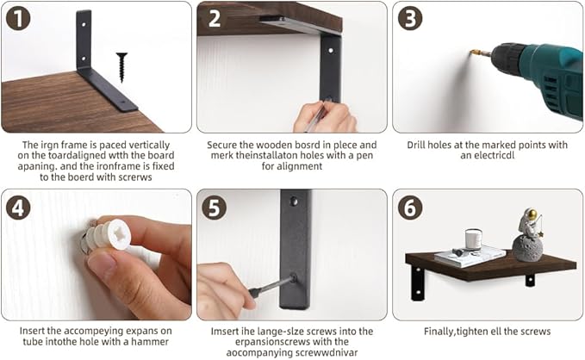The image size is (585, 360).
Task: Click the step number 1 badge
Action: (18, 18)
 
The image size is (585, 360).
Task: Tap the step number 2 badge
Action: (215, 18)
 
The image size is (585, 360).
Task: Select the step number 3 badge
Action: (410, 18)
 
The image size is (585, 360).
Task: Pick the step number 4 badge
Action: (18, 208)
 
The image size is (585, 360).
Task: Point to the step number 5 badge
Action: (215, 208)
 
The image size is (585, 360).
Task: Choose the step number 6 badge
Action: (410, 208)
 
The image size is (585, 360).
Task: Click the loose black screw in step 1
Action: (121, 67)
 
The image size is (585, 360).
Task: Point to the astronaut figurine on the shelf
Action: (529, 234)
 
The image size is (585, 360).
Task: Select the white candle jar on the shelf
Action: (474, 239)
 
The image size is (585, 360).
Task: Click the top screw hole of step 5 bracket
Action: (295, 201)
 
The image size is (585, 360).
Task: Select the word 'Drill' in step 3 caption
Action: (416, 145)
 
